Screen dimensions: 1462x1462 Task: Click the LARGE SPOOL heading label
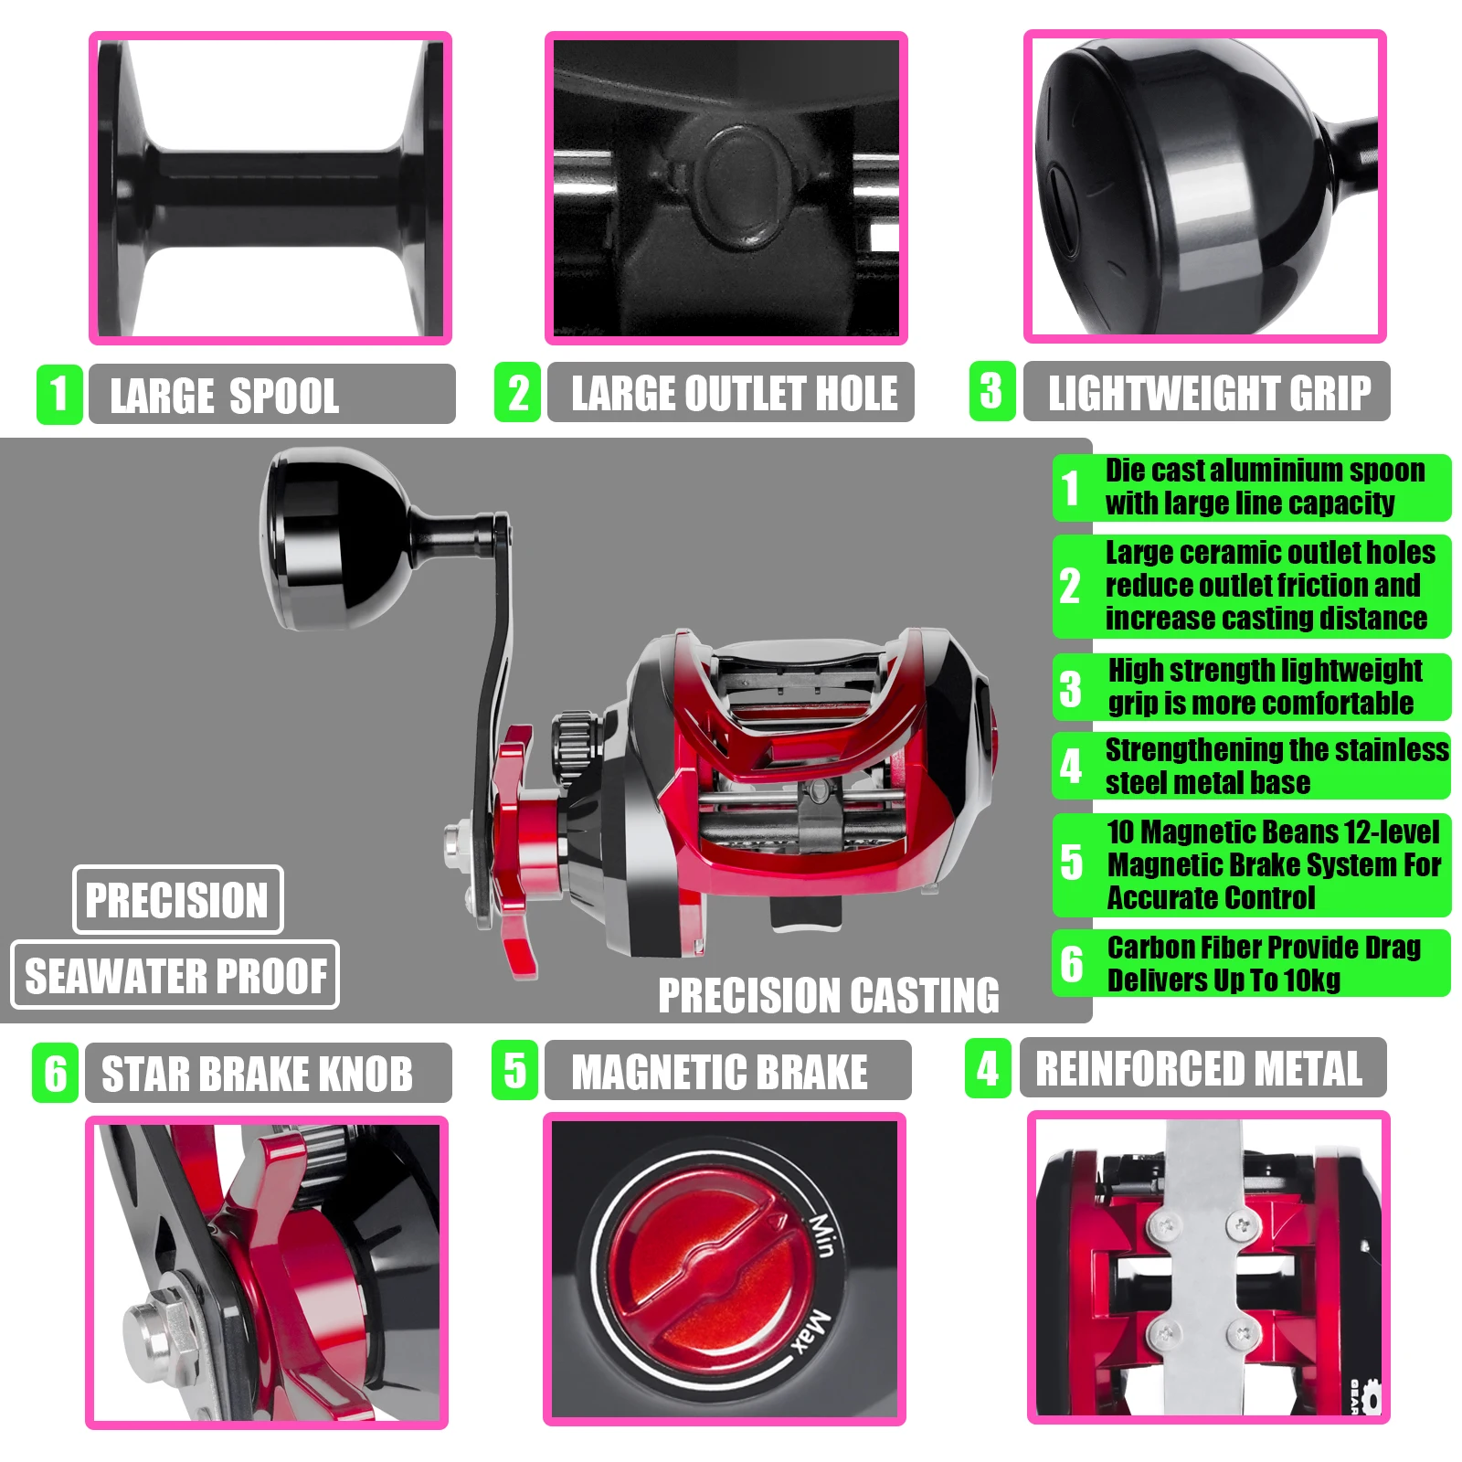pyautogui.click(x=224, y=396)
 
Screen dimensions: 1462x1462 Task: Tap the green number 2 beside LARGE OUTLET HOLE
pyautogui.click(x=517, y=393)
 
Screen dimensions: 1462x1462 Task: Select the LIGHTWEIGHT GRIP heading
pyautogui.click(x=1209, y=393)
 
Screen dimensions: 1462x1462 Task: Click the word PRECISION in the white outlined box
pyautogui.click(x=177, y=900)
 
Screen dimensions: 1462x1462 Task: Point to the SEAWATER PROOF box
pyautogui.click(x=175, y=975)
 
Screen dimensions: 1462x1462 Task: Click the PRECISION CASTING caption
pyautogui.click(x=829, y=995)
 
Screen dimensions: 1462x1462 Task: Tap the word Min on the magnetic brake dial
pyautogui.click(x=821, y=1234)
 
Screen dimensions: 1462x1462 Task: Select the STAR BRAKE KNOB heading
pyautogui.click(x=257, y=1074)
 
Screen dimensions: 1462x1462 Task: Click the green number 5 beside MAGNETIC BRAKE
pyautogui.click(x=514, y=1070)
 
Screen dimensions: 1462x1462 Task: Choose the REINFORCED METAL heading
pyautogui.click(x=1198, y=1068)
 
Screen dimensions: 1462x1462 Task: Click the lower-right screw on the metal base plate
pyautogui.click(x=1242, y=1332)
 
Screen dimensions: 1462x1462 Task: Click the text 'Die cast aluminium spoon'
pyautogui.click(x=1265, y=471)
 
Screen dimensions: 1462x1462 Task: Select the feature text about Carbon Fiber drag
pyautogui.click(x=1264, y=964)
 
